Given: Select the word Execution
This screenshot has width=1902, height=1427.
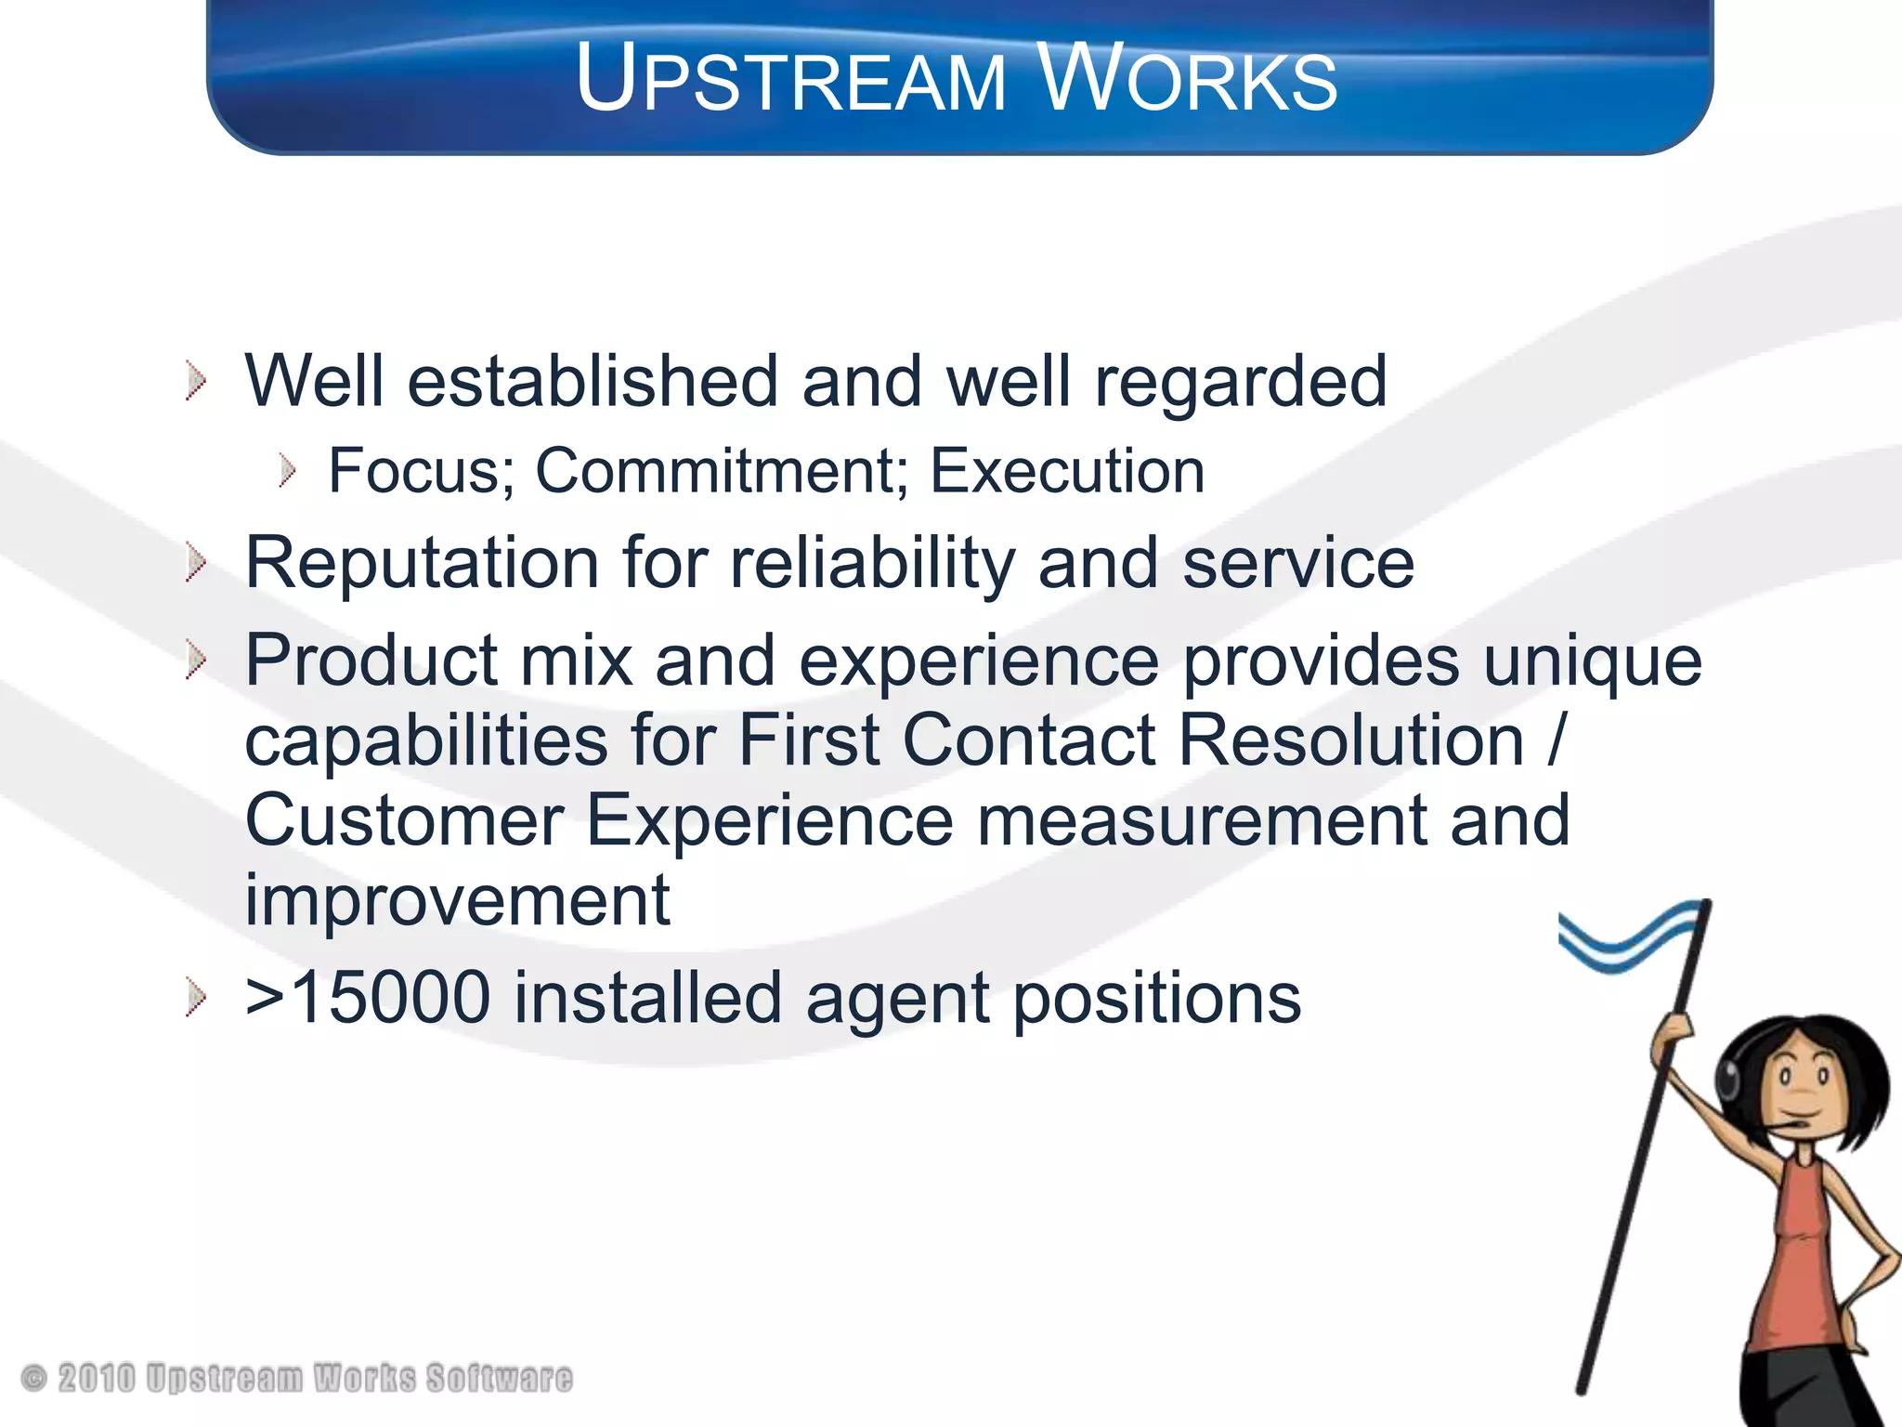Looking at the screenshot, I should [1067, 471].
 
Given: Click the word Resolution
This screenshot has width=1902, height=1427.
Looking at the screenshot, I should [1351, 740].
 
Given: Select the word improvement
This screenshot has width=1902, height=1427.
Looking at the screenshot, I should [457, 900].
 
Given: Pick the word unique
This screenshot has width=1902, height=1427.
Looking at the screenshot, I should [1592, 661].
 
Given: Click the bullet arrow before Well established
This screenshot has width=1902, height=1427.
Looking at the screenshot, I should [195, 382].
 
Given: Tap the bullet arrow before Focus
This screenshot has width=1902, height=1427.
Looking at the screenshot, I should [287, 471].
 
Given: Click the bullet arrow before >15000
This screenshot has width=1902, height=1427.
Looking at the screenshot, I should [195, 998].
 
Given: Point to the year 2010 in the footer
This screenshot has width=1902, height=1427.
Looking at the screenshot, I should [96, 1378].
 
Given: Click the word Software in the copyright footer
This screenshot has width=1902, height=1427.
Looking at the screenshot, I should [499, 1378].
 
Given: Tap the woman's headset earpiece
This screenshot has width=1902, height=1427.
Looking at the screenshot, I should [1727, 1078].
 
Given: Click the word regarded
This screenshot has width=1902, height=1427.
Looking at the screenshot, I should [1240, 382].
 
